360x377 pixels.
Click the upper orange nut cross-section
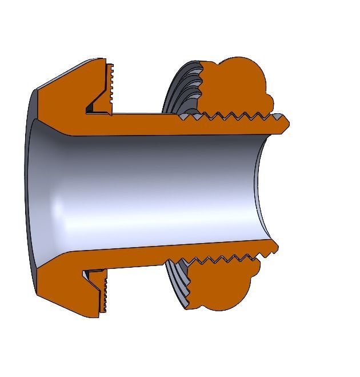pos(234,86)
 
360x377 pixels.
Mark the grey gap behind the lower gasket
pos(89,275)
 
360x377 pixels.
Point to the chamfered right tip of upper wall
pos(283,122)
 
